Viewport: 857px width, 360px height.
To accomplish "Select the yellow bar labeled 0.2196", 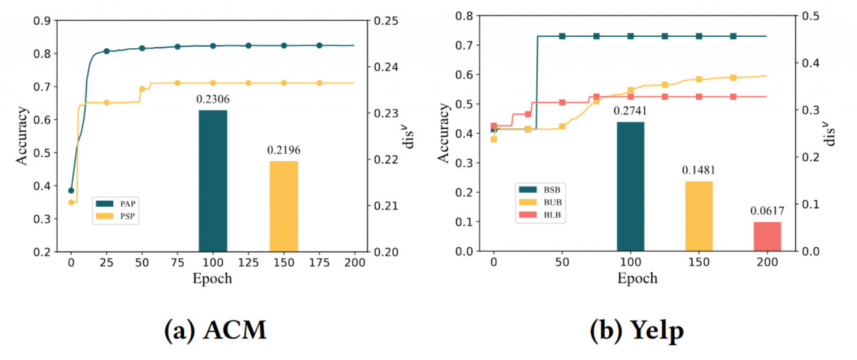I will point(284,206).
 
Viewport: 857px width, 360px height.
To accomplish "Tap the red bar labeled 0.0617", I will point(767,236).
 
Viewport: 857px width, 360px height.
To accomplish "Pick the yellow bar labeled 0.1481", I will point(699,216).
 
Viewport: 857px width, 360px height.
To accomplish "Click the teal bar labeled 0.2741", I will point(630,186).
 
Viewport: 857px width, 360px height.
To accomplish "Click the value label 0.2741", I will point(630,110).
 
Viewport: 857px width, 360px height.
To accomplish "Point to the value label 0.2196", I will point(284,150).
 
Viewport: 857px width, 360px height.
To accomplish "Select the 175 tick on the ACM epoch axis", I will point(319,262).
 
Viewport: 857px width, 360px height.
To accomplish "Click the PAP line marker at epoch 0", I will point(71,191).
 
